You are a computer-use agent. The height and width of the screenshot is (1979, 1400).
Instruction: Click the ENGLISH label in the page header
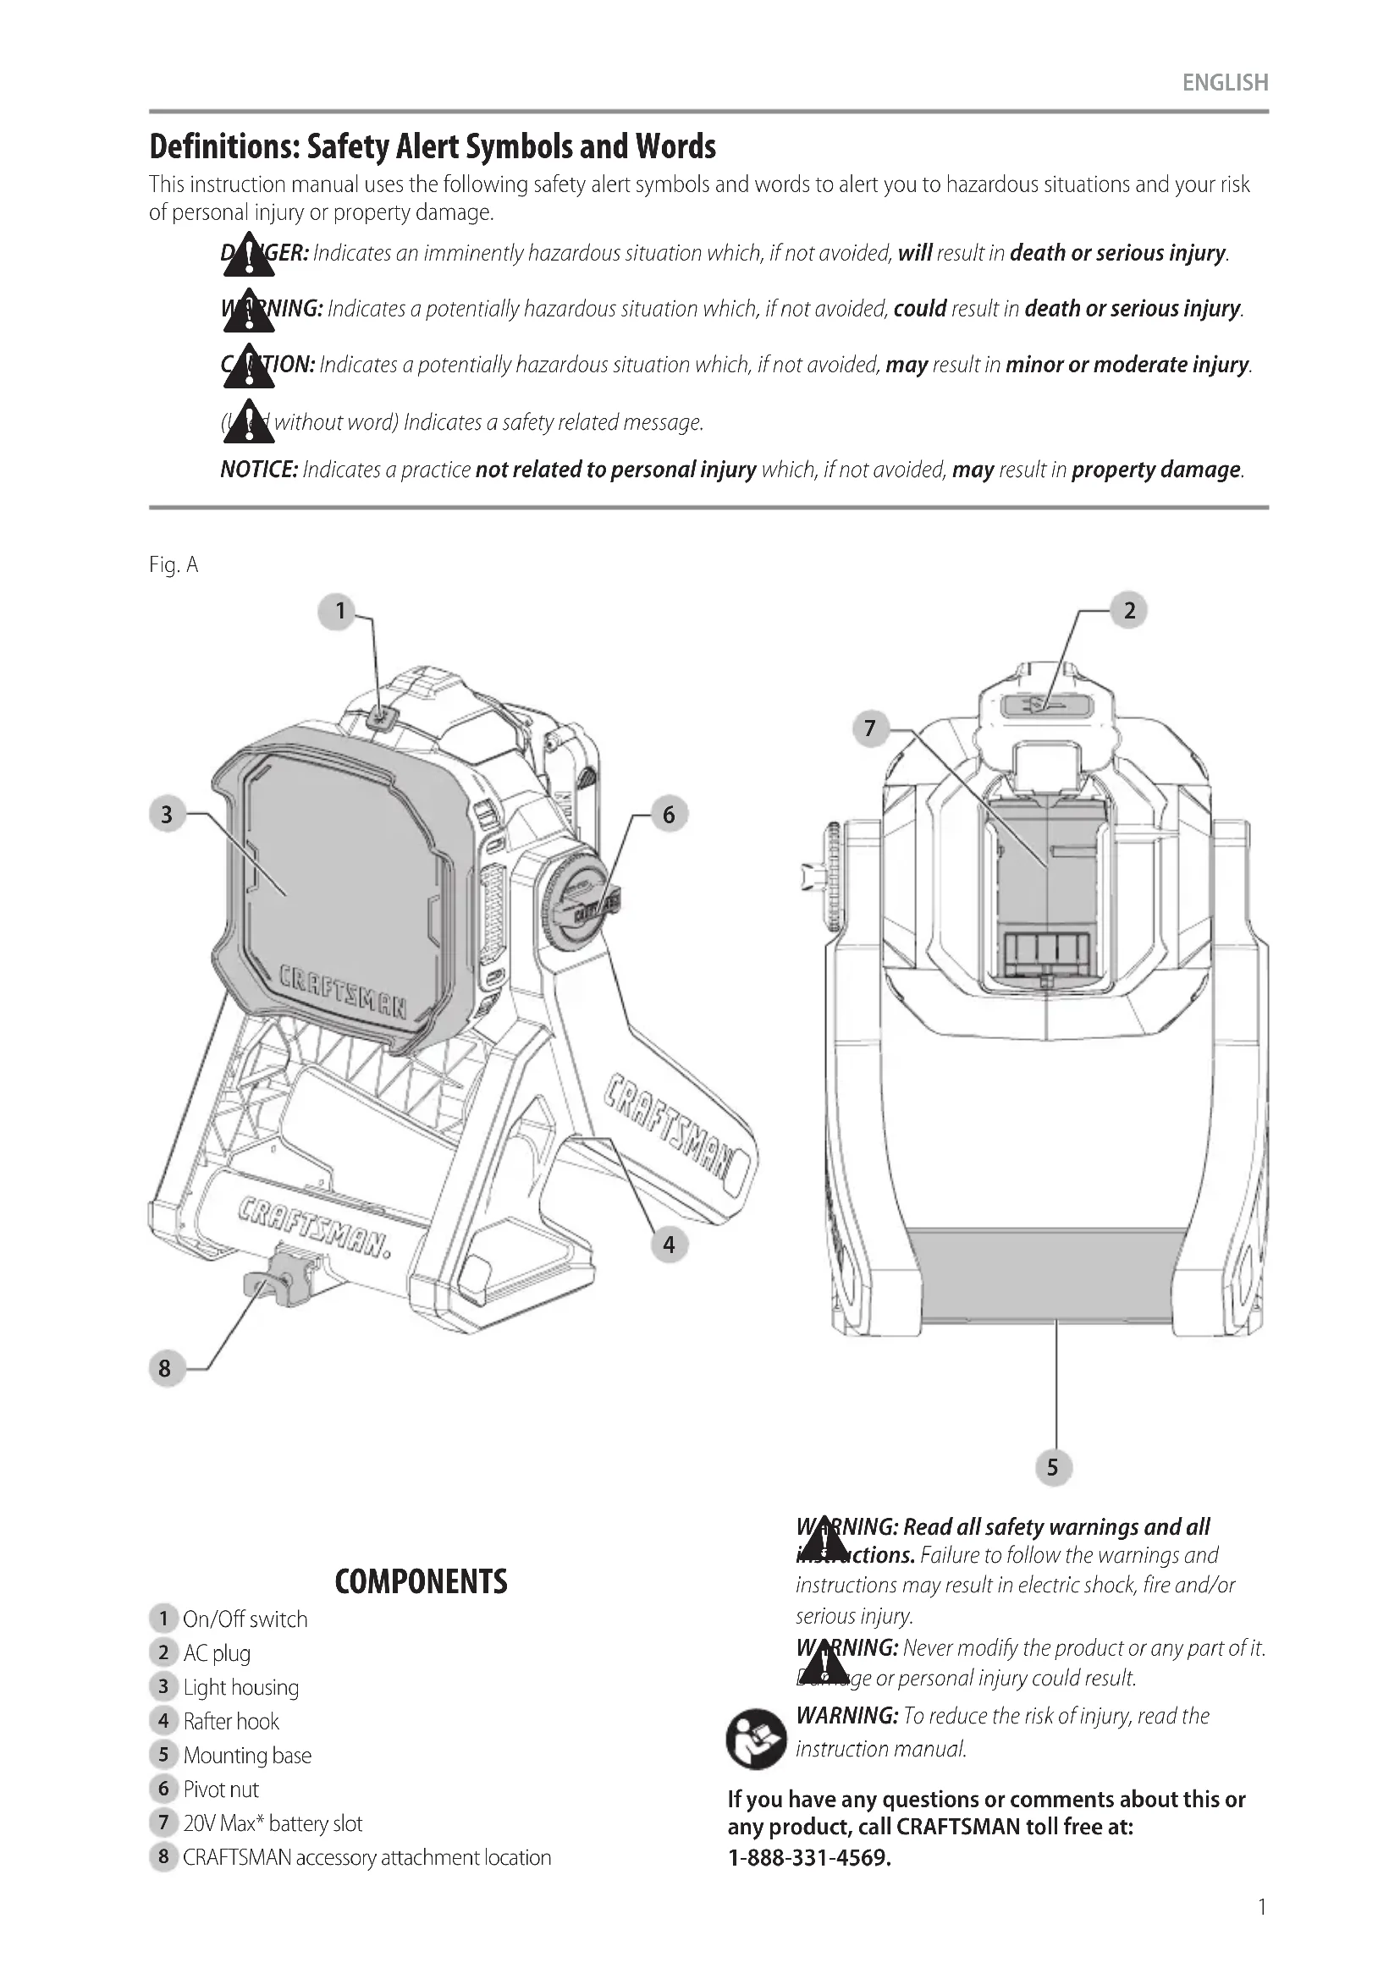point(1224,83)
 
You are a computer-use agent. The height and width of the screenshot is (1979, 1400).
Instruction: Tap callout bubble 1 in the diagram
point(339,611)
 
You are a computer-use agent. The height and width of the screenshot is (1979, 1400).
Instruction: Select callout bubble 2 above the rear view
point(1128,611)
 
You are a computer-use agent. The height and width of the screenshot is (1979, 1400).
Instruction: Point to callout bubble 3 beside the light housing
point(167,814)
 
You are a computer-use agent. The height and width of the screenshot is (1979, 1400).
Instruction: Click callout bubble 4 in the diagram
point(668,1245)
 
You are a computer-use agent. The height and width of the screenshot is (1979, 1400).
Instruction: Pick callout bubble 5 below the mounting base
point(1052,1467)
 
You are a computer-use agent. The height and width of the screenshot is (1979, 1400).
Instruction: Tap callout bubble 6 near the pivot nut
point(668,814)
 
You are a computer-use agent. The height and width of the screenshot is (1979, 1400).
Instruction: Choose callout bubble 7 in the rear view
point(870,728)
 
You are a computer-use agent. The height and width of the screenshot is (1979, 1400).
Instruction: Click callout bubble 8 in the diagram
point(165,1368)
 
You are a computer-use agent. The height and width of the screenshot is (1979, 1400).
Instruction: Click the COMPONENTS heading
point(421,1581)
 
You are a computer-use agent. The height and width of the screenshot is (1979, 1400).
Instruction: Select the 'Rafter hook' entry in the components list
point(231,1721)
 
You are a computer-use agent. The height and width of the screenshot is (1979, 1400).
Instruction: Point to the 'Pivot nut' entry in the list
point(221,1789)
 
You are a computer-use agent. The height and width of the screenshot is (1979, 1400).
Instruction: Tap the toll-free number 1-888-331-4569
point(808,1857)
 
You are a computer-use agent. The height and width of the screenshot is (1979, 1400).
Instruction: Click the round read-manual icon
point(755,1739)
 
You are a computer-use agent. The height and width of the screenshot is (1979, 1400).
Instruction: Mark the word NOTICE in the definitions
point(259,470)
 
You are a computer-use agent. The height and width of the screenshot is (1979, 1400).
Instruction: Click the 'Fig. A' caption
point(174,564)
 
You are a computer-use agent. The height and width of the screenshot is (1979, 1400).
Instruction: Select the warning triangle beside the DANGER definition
point(248,256)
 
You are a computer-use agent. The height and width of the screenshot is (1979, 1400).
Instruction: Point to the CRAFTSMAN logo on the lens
point(342,992)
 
